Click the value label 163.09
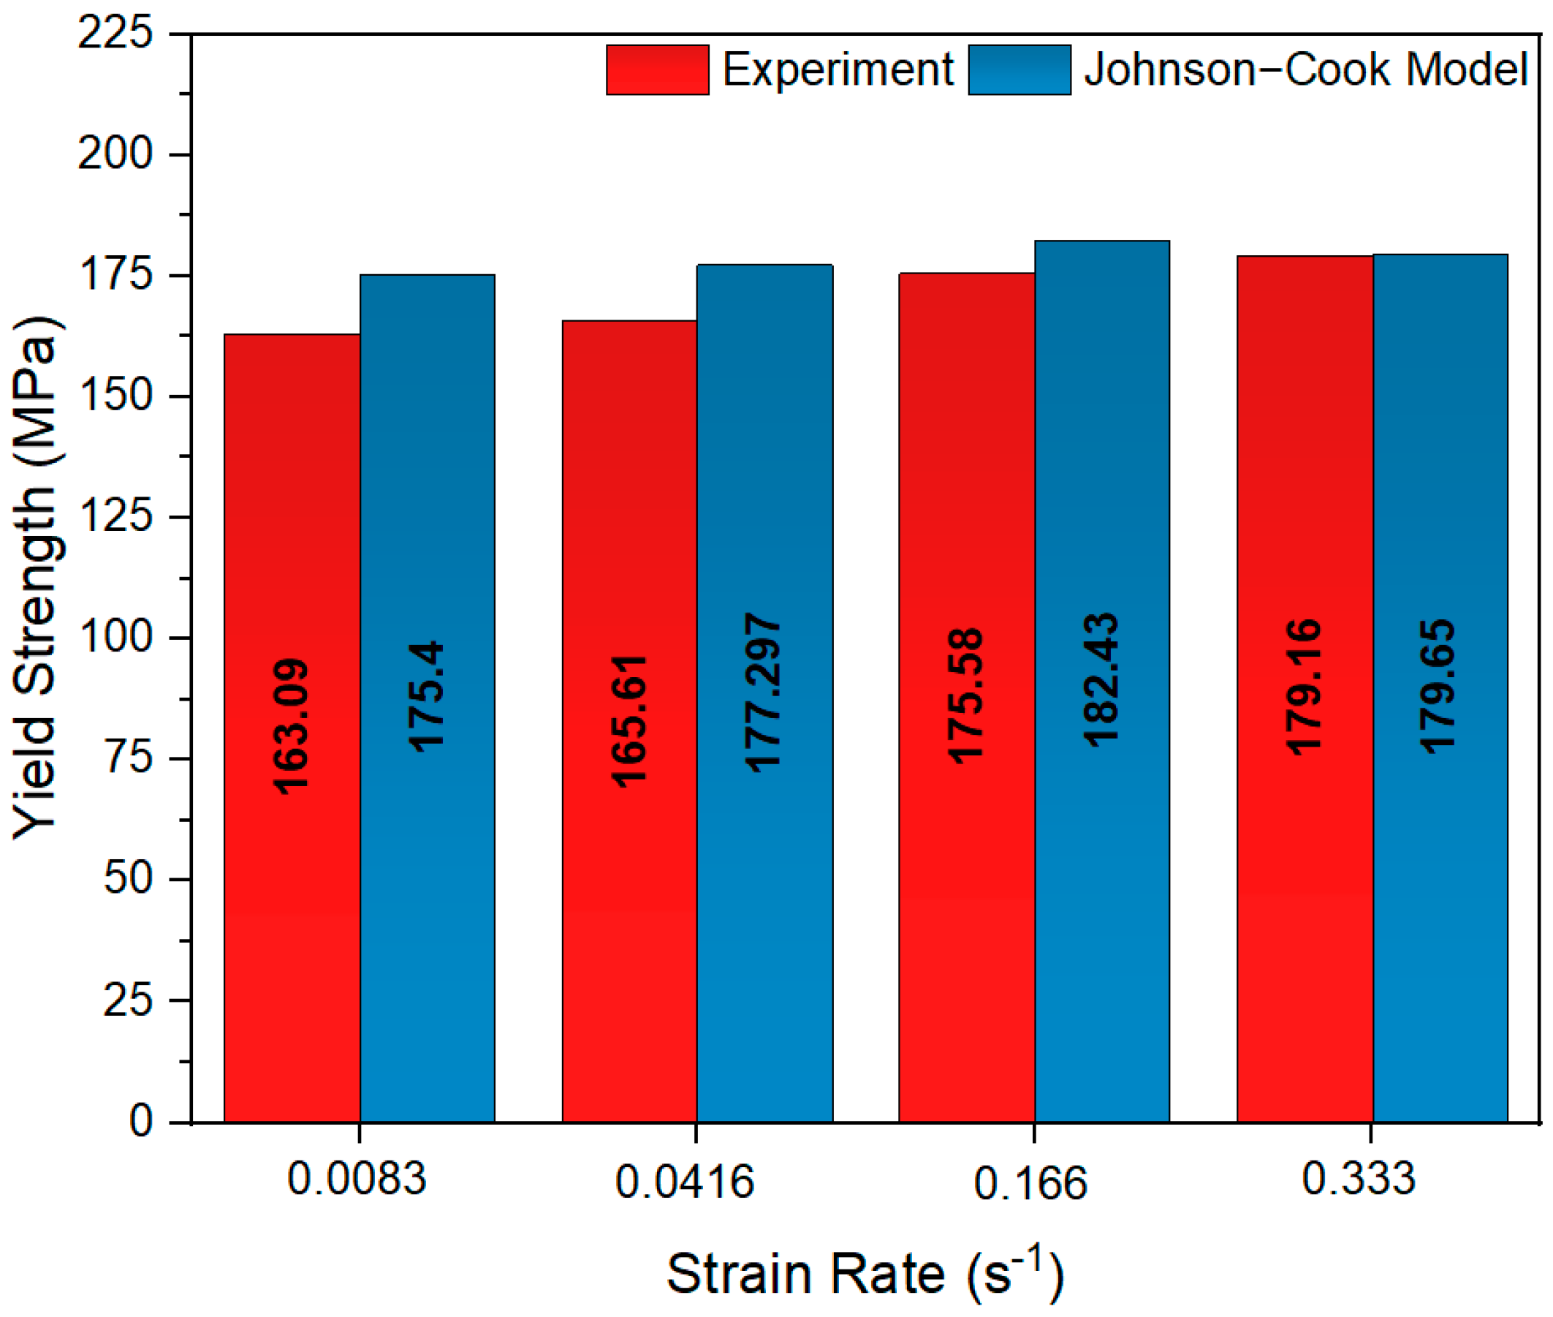(292, 726)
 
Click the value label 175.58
(966, 697)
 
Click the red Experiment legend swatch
(658, 70)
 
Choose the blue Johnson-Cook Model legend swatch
(1019, 70)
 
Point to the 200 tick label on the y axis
(115, 154)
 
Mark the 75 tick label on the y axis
(129, 758)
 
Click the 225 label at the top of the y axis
(115, 34)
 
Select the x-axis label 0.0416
(684, 1182)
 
